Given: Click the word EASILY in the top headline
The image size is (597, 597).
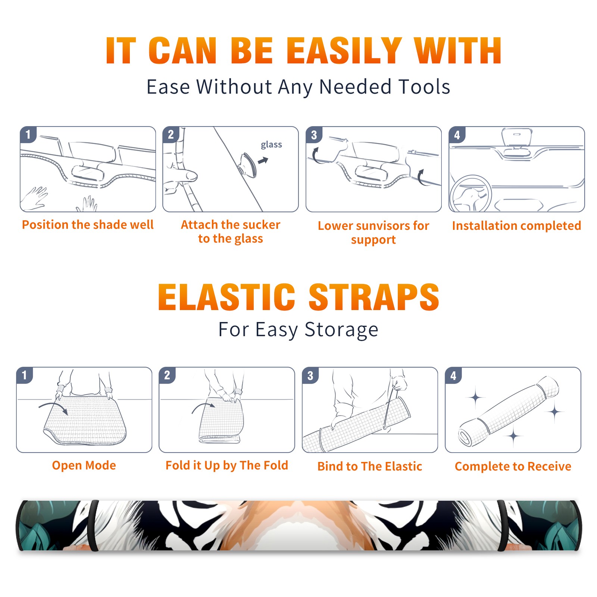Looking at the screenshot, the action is pos(344,51).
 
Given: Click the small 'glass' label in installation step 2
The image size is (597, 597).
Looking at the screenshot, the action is pos(271,145).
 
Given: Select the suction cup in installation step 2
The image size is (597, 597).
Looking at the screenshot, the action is pos(248,165).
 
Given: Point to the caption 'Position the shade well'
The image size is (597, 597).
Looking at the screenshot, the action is pos(88,225).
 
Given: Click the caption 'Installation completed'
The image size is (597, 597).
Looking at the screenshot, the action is pos(516,226).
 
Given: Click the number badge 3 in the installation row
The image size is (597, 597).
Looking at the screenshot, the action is pos(314,135).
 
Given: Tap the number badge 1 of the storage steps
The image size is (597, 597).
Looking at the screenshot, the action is pos(25,375).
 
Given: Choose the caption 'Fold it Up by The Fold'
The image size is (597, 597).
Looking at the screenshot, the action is pos(227,466).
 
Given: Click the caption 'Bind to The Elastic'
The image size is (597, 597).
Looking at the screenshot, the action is pos(370,466).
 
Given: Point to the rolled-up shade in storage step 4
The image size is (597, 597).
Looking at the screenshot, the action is pos(509,411).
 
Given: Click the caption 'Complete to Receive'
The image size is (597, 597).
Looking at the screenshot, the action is pos(513,466).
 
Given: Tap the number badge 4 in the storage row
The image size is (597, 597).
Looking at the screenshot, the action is pos(453,375).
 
